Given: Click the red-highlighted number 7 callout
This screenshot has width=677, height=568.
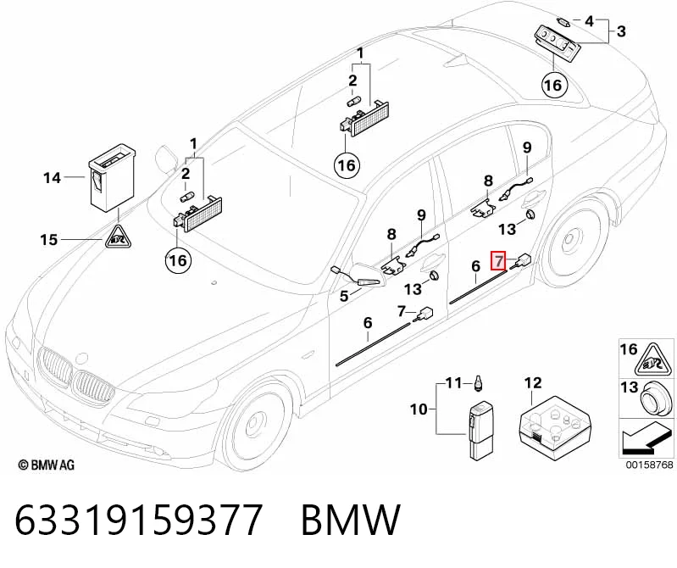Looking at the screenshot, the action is pos(498,260).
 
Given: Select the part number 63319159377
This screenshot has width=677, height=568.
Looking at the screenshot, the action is pos(139,519).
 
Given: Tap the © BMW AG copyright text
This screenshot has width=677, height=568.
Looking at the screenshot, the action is pos(47,465).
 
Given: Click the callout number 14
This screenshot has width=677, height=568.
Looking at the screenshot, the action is pos(52,177).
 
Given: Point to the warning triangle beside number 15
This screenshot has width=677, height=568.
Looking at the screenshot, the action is pos(118,237).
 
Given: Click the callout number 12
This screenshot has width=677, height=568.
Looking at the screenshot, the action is pos(533,382).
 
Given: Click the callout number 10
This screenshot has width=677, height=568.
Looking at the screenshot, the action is pos(419,409).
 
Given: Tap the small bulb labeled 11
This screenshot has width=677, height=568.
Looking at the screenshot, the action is pos(478,383).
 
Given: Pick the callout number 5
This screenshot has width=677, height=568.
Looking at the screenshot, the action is pos(344,297).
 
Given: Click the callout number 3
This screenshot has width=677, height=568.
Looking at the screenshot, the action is pos(621,31).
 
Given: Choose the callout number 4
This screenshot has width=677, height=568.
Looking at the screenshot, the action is pos(590,20).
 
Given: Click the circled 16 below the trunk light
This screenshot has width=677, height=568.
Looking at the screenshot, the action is pos(553,85).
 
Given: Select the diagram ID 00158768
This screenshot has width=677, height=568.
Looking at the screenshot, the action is pos(650,465).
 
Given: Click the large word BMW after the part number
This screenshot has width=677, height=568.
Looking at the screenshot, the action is pos(351,519).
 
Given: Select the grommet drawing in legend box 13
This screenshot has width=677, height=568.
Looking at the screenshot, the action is pos(656,398).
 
